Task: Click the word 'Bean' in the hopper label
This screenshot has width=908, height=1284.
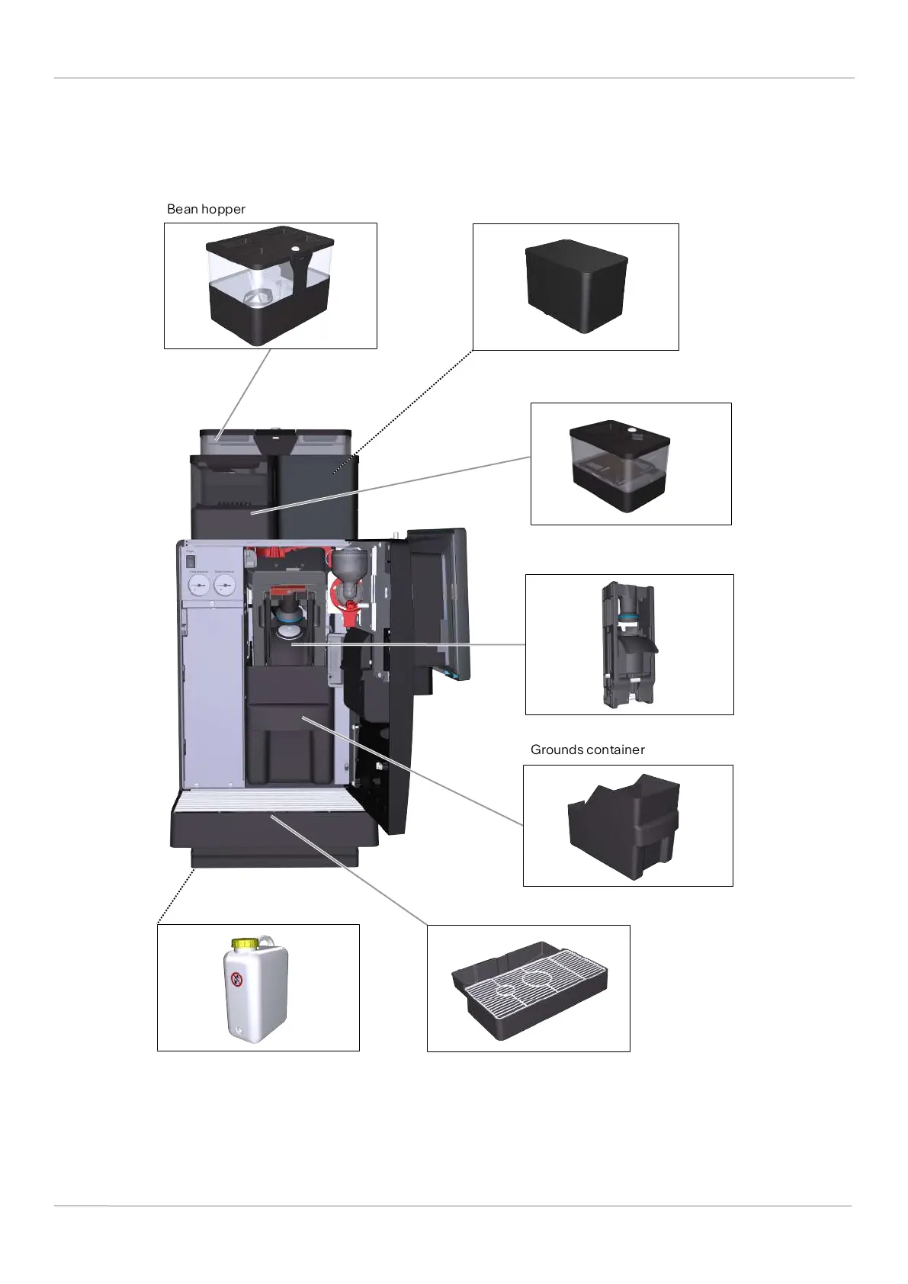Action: coord(182,209)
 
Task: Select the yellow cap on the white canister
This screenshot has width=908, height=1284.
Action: coord(244,943)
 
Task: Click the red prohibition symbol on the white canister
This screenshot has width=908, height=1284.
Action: coord(237,979)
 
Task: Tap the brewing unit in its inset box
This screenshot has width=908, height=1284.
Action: coord(629,644)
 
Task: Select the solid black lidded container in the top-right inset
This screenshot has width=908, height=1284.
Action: coord(576,286)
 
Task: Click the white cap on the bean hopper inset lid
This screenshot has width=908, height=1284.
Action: coord(295,249)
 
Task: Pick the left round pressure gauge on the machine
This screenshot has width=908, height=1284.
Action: coord(198,586)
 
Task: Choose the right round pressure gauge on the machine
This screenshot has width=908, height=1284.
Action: coord(224,586)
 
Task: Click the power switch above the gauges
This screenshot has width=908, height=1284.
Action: coord(191,560)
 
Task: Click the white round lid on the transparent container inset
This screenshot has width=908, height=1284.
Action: coord(631,429)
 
